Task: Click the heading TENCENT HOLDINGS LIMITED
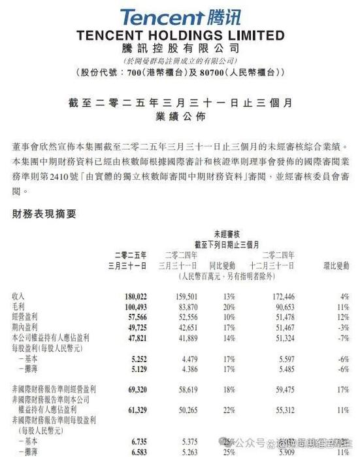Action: [180, 35]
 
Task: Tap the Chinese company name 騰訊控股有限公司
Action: [180, 48]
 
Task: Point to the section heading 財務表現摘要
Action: [44, 213]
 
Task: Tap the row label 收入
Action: [18, 296]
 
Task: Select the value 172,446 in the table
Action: [278, 296]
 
